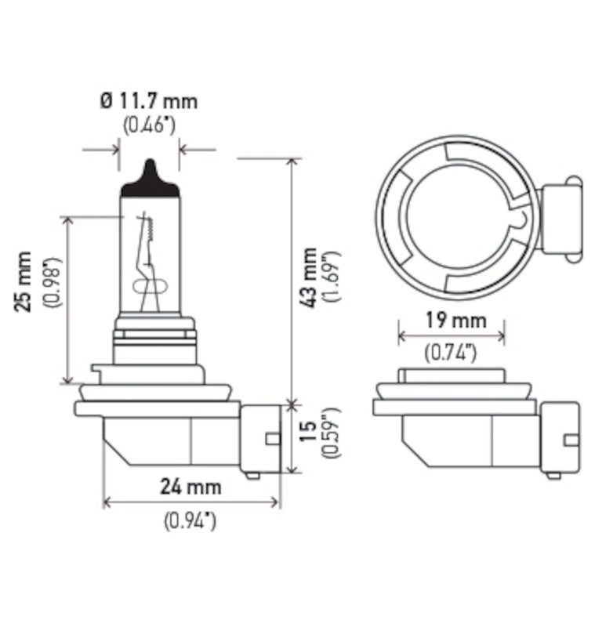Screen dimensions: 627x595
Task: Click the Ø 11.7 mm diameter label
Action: pos(149,101)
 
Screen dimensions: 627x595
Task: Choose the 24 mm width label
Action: pos(190,487)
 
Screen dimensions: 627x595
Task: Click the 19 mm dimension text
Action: pos(451,321)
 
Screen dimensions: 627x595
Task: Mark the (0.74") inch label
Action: pos(451,353)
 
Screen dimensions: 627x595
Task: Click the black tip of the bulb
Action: pos(149,177)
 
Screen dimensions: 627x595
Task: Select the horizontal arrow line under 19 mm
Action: pos(451,336)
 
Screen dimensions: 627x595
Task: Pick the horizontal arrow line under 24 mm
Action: pos(191,502)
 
